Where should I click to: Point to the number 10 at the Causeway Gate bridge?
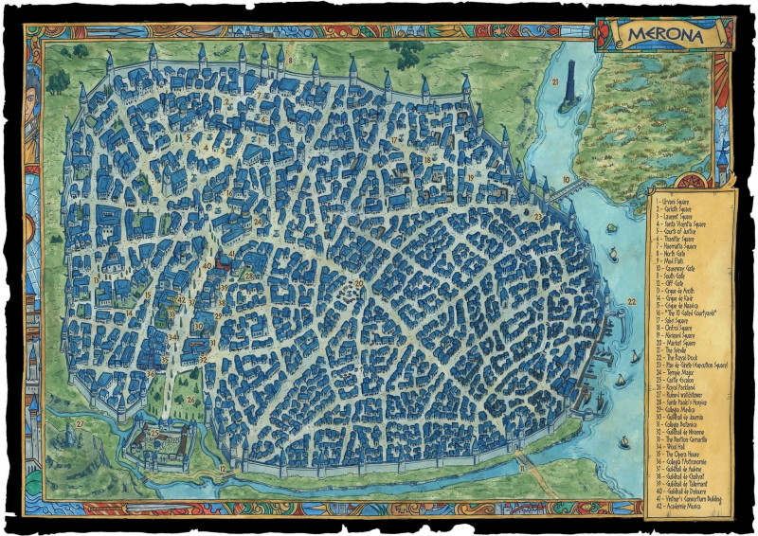click(x=566, y=178)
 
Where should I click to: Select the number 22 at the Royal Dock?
click(x=632, y=302)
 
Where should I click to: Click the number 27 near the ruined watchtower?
click(x=80, y=421)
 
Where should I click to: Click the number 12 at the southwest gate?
click(x=222, y=468)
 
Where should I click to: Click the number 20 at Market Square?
click(x=359, y=283)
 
